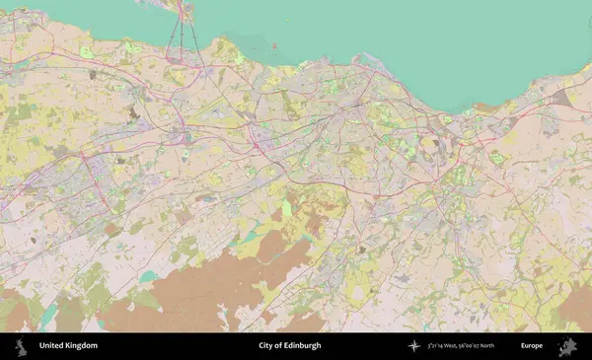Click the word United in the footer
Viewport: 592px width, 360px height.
point(52,346)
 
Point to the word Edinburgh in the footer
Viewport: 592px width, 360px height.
point(303,346)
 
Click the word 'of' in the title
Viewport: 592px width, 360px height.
point(279,346)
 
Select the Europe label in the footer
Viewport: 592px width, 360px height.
point(532,346)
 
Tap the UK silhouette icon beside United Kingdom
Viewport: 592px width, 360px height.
point(20,346)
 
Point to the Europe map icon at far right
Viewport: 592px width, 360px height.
point(566,346)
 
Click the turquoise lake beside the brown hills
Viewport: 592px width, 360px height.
point(148,277)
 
